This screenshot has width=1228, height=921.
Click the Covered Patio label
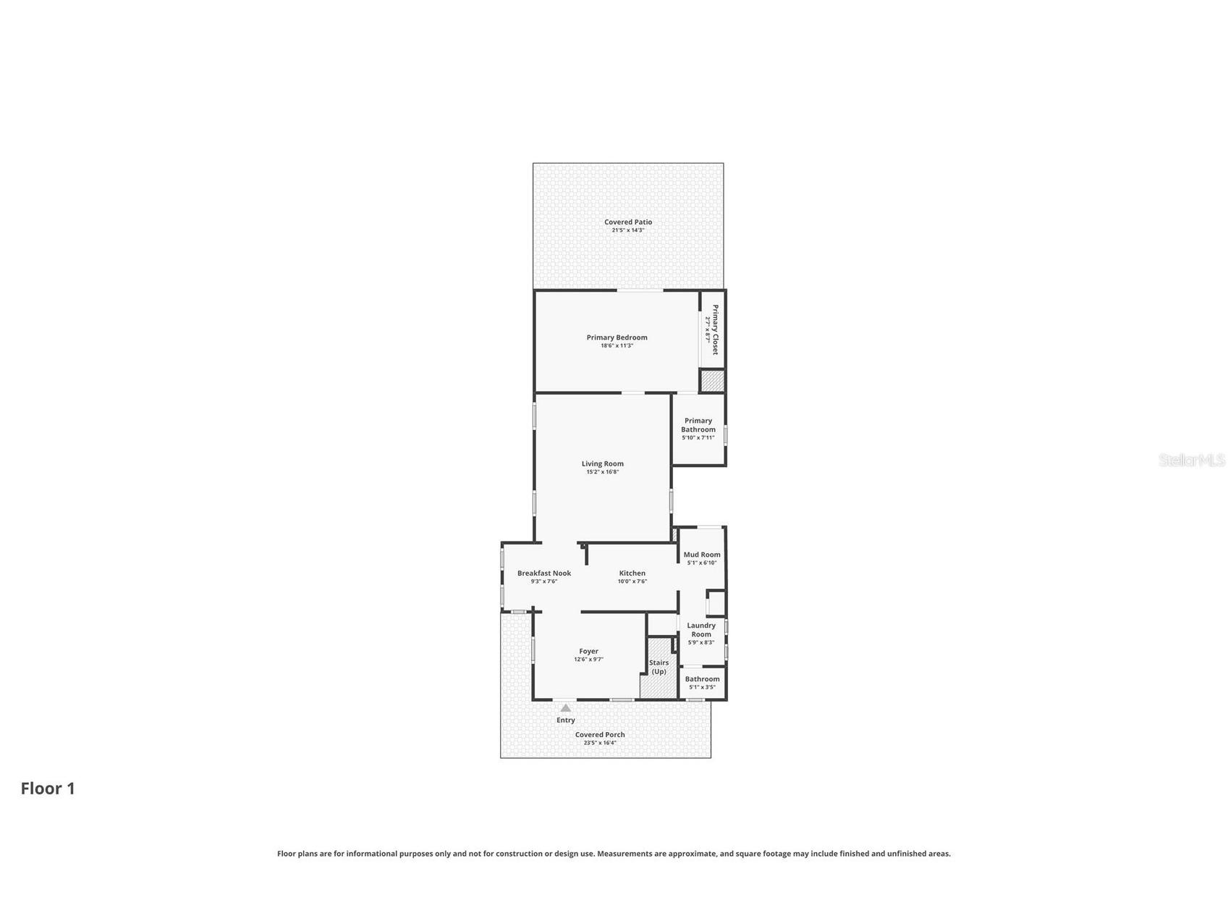click(x=628, y=222)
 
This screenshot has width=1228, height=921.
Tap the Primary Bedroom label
click(x=617, y=337)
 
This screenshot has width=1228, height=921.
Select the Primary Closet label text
click(x=715, y=329)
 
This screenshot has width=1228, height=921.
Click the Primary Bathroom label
click(x=698, y=425)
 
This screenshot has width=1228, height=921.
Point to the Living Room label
click(x=602, y=464)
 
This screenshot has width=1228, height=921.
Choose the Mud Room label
click(x=702, y=555)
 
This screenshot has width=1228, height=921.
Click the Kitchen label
click(x=632, y=573)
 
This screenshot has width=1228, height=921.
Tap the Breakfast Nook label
click(x=544, y=573)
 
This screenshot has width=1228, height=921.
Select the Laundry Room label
click(x=701, y=630)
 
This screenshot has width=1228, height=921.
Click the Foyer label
click(x=588, y=652)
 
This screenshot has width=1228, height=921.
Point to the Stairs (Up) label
click(x=659, y=667)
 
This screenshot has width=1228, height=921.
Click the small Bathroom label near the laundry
click(x=703, y=679)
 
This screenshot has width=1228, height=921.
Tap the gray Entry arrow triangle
click(x=566, y=708)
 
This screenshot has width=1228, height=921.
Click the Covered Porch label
click(x=600, y=735)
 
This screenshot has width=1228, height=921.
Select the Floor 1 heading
click(x=48, y=788)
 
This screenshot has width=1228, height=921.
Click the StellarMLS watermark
click(x=1192, y=460)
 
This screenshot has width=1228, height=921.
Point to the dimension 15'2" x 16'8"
click(x=602, y=472)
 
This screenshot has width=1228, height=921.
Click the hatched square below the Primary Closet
click(x=712, y=381)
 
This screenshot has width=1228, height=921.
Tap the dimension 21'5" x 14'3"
click(x=628, y=230)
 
